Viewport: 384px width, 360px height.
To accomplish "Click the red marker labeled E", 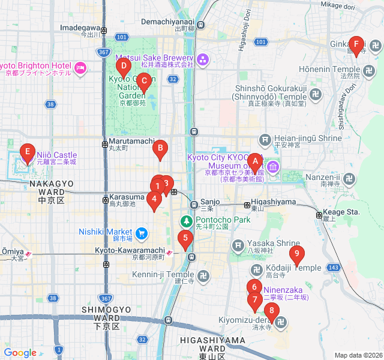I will [x=27, y=152].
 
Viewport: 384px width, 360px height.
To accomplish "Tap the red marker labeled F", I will [x=356, y=45].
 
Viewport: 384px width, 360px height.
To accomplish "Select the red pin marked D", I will [x=123, y=67].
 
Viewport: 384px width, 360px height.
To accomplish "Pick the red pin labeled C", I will [x=143, y=82].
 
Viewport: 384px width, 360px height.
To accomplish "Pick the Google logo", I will [x=20, y=353].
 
